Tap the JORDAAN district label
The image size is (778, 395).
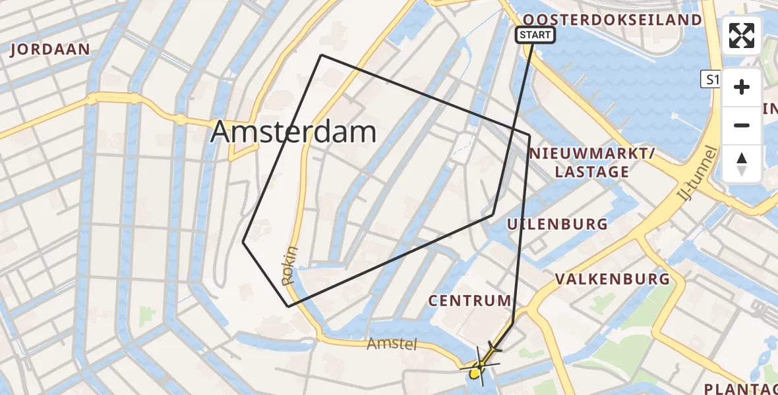[x=50, y=50]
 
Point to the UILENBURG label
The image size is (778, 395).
[x=557, y=224]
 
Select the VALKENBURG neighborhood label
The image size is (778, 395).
[x=613, y=278]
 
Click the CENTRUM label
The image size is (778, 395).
[x=469, y=301]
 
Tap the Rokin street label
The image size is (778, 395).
[x=291, y=266]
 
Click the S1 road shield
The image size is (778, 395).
[x=709, y=80]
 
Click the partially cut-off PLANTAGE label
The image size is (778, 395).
[x=742, y=388]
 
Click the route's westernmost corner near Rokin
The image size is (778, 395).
[x=243, y=242]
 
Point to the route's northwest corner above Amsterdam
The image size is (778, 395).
[x=321, y=55]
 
